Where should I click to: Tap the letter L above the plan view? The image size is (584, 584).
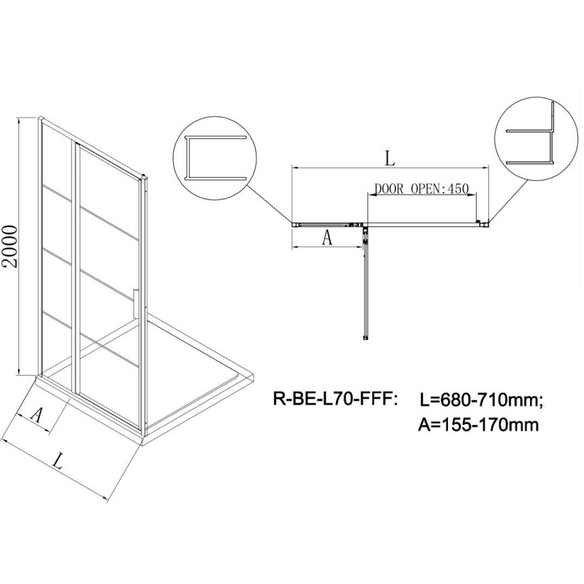coord(389,159)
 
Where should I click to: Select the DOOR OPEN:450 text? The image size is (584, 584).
coord(421,189)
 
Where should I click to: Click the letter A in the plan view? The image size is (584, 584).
coord(327,237)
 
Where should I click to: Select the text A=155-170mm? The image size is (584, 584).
coord(479,424)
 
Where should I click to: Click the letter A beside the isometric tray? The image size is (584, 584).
coord(36,414)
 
